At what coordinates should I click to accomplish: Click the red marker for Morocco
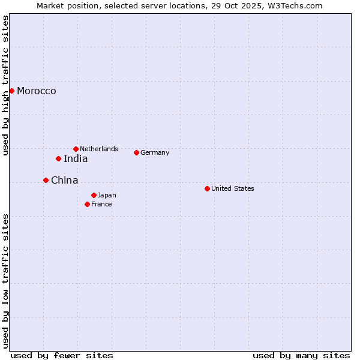[x=11, y=91]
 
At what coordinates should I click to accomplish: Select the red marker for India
[x=58, y=158]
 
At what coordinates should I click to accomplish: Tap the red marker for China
[x=46, y=180]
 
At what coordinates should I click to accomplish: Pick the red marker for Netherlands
[x=76, y=149]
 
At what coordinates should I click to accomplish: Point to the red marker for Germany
[x=136, y=152]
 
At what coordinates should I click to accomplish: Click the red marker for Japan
[x=94, y=195]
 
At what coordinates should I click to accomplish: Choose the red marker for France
[x=87, y=204]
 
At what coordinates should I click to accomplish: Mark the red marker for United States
[x=207, y=188]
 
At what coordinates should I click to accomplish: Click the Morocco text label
[x=37, y=91]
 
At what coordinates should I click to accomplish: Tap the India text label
[x=76, y=159]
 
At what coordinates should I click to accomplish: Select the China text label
[x=64, y=181]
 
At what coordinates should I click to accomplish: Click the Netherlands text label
[x=99, y=149]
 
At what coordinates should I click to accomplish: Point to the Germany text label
[x=155, y=152]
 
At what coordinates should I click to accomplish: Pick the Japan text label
[x=107, y=195]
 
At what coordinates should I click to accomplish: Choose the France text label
[x=101, y=204]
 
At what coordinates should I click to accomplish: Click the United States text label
[x=233, y=188]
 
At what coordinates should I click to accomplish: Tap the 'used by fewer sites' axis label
[x=62, y=355]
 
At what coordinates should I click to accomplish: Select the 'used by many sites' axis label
[x=301, y=355]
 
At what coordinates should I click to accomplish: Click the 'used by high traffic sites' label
[x=6, y=85]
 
